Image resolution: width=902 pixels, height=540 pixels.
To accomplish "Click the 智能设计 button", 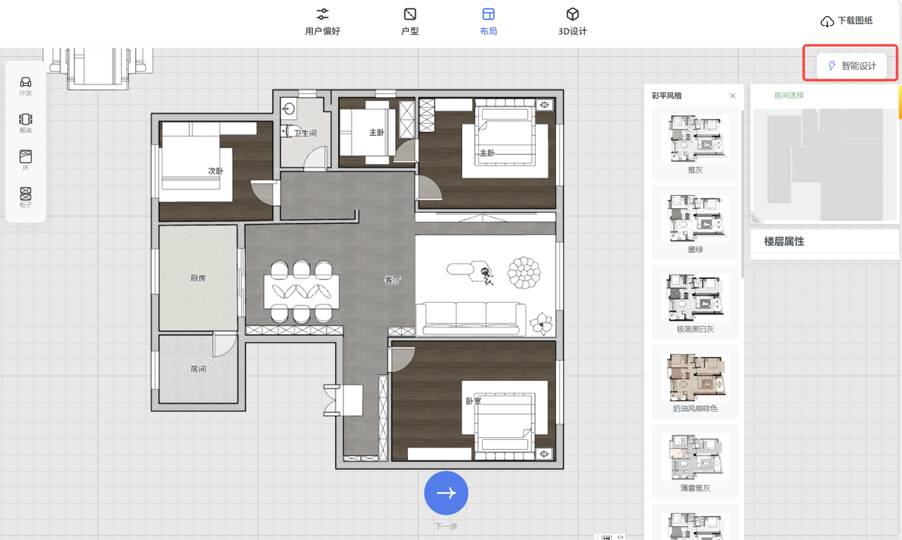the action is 851,65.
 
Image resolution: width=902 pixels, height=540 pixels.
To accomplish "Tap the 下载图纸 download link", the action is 846,21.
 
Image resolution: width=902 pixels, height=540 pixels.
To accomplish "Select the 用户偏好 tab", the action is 323,22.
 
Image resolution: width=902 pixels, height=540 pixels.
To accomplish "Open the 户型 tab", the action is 410,22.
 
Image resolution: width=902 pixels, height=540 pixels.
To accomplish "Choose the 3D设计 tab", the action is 572,22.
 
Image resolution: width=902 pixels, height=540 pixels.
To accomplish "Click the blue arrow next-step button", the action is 446,493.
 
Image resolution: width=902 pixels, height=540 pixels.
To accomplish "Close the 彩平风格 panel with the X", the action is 733,96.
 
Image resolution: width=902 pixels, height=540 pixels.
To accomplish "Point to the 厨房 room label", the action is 198,278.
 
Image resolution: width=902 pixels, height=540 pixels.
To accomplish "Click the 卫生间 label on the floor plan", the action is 305,133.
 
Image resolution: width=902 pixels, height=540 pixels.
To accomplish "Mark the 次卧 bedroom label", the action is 216,171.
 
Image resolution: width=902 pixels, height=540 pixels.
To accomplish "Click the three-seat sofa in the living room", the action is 471,318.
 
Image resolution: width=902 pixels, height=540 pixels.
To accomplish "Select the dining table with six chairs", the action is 302,291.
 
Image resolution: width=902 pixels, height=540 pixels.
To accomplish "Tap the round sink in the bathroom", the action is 288,109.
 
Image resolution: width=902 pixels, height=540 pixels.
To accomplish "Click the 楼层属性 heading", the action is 784,241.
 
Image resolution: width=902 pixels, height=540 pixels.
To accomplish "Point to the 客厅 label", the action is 393,280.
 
